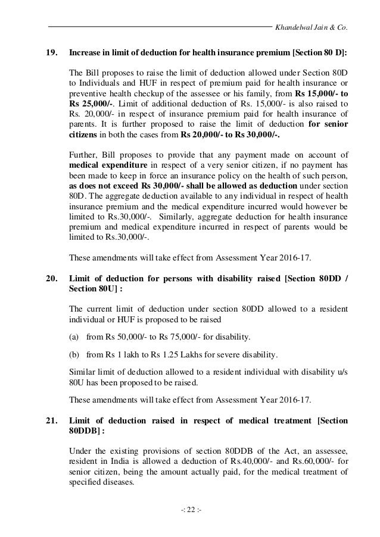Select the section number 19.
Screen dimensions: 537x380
tap(52, 52)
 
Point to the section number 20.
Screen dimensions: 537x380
tap(52, 277)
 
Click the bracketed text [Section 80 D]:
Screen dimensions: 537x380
tap(319, 52)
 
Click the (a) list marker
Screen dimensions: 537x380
tap(75, 335)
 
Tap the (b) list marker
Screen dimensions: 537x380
tap(75, 356)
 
